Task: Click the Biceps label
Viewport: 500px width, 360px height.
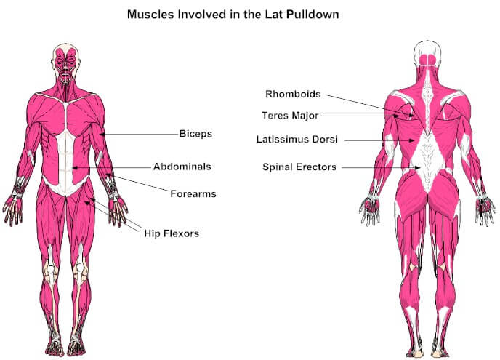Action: pyautogui.click(x=195, y=133)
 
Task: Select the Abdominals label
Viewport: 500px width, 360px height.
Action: pyautogui.click(x=182, y=167)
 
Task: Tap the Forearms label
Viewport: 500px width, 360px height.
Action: pyautogui.click(x=193, y=193)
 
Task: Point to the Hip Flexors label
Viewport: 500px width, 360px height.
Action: pyautogui.click(x=172, y=233)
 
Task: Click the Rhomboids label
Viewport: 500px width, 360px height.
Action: pyautogui.click(x=293, y=94)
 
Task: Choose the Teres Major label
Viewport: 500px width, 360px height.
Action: pyautogui.click(x=290, y=115)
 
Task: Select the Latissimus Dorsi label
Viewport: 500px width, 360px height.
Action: pyautogui.click(x=297, y=139)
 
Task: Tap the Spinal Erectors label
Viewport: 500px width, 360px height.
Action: pyautogui.click(x=299, y=167)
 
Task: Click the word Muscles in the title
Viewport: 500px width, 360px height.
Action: pyautogui.click(x=150, y=15)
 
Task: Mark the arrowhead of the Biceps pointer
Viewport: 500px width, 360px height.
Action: pyautogui.click(x=102, y=134)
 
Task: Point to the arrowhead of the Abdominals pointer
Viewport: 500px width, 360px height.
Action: pyautogui.click(x=76, y=167)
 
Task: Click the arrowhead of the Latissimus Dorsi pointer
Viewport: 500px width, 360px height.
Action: pyautogui.click(x=412, y=140)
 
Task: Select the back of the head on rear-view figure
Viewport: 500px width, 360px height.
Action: pyautogui.click(x=427, y=55)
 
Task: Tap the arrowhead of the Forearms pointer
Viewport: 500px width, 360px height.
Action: pyautogui.click(x=109, y=175)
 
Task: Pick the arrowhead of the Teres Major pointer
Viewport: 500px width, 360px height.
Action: pyautogui.click(x=396, y=116)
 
